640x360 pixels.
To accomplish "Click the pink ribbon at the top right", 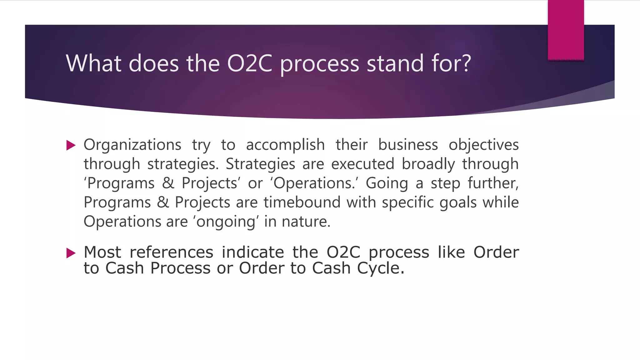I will point(566,30).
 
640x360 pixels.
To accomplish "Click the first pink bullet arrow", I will point(71,145).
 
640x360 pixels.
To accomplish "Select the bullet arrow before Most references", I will point(71,253).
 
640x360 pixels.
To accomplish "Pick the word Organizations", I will point(132,145).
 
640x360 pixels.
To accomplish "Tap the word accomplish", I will point(285,145).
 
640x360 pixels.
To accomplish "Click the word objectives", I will point(483,145).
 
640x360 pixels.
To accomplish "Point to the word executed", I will point(362,164).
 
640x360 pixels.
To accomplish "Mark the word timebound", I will point(302,202).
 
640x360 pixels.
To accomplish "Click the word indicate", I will point(253,252).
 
